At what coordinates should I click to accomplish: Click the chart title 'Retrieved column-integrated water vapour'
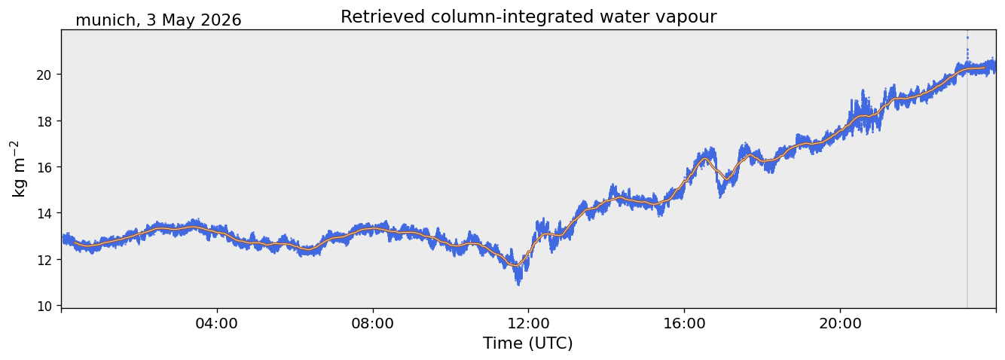(529, 17)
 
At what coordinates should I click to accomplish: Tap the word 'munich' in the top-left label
(105, 20)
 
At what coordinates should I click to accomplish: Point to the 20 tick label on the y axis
(44, 75)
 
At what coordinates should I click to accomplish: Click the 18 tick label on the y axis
(44, 121)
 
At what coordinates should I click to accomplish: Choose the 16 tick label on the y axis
(44, 167)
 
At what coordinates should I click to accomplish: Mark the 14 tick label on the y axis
(44, 213)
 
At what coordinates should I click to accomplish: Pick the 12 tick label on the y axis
(44, 260)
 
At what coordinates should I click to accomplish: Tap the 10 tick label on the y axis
(44, 307)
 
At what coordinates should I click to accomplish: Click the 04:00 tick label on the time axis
(217, 323)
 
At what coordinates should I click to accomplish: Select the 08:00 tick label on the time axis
(373, 323)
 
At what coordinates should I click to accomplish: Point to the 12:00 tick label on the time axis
(529, 323)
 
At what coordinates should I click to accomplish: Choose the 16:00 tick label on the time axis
(684, 323)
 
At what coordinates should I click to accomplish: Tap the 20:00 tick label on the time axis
(840, 323)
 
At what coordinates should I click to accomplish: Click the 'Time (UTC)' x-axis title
(528, 343)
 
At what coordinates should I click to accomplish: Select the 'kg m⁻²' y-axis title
(18, 169)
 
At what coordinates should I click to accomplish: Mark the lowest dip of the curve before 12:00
(518, 282)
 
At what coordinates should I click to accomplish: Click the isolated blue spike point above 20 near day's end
(967, 38)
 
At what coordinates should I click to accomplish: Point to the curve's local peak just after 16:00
(705, 158)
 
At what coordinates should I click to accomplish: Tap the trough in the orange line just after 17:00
(726, 179)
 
